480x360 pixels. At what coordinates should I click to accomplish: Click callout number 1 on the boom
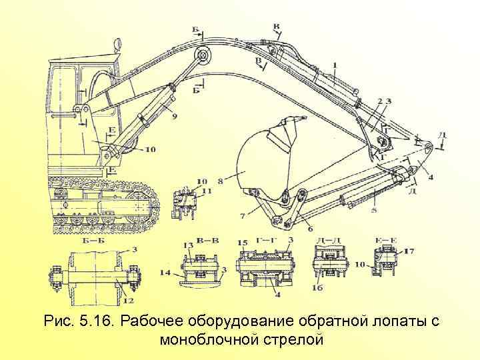click(335, 64)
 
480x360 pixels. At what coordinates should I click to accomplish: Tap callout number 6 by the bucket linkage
click(311, 229)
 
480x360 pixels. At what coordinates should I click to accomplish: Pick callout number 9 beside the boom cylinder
click(174, 116)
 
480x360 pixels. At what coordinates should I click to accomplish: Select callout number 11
click(207, 191)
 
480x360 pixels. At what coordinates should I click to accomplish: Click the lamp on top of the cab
click(118, 45)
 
